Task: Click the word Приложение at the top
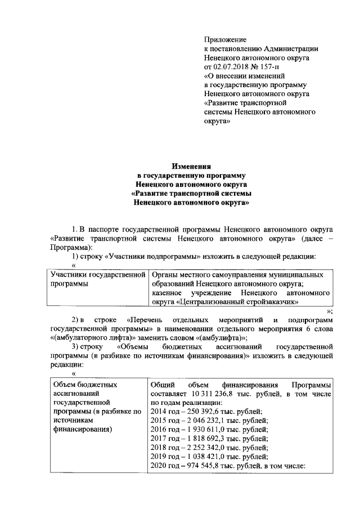pos(225,40)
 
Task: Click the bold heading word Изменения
pos(191,166)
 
